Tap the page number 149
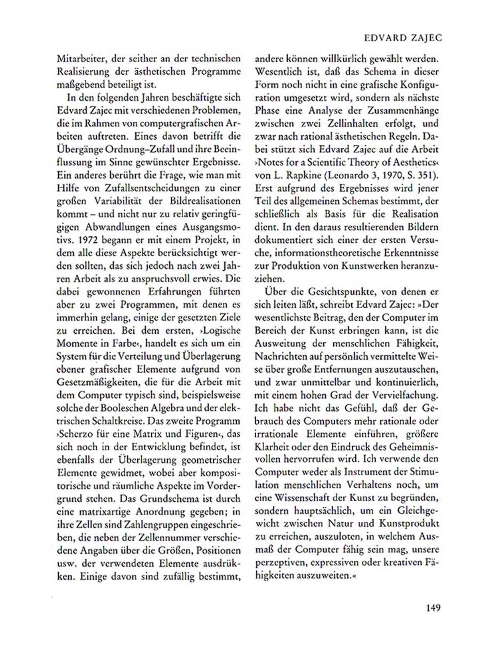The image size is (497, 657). [x=432, y=608]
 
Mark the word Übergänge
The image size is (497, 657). [x=79, y=149]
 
